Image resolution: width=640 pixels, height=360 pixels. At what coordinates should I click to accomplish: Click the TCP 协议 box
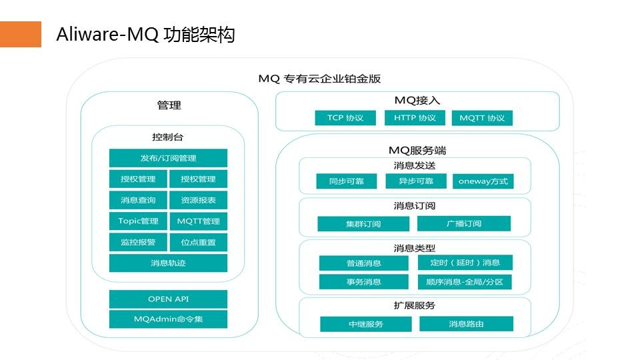click(x=345, y=118)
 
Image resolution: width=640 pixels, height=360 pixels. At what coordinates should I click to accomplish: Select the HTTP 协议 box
click(x=414, y=118)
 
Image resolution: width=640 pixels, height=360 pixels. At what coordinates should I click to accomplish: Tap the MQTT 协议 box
click(x=482, y=118)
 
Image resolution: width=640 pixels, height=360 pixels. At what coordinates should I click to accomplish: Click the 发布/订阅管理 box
click(x=168, y=158)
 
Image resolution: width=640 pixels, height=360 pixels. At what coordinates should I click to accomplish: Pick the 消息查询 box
click(x=138, y=200)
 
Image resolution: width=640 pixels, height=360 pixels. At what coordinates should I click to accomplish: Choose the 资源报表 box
click(x=198, y=200)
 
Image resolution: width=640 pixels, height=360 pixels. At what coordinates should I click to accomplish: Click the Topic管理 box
click(x=138, y=221)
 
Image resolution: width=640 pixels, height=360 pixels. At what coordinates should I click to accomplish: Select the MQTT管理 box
click(x=198, y=221)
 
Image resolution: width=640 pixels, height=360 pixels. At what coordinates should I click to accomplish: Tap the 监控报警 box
click(x=138, y=242)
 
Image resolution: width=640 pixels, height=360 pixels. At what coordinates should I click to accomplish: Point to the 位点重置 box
click(x=198, y=242)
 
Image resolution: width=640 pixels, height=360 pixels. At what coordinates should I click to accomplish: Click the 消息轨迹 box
click(x=168, y=263)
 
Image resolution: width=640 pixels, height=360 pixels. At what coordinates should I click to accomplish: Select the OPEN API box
click(x=168, y=299)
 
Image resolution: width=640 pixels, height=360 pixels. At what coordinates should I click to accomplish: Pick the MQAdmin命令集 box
click(x=168, y=319)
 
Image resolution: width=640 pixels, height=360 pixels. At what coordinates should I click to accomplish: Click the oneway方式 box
click(x=483, y=181)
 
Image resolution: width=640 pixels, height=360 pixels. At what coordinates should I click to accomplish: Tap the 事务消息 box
click(x=363, y=281)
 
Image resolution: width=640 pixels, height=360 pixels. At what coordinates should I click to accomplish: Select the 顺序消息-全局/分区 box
click(x=465, y=281)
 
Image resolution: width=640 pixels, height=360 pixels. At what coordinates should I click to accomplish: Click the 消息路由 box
click(x=466, y=324)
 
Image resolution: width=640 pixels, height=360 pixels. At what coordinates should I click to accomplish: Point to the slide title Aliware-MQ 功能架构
click(x=145, y=35)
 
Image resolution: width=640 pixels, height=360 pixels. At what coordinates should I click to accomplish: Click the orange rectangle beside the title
click(x=20, y=34)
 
